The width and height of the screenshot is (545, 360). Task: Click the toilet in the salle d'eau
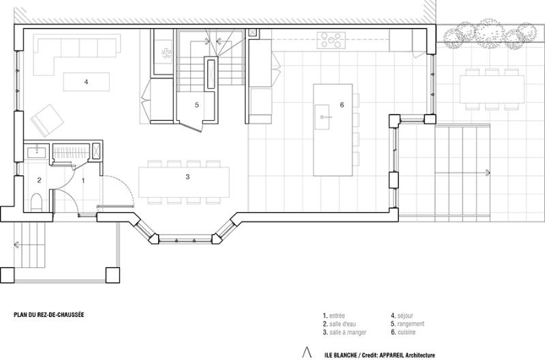(36, 202)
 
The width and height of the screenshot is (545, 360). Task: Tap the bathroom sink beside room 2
(36, 151)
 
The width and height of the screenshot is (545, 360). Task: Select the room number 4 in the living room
(87, 82)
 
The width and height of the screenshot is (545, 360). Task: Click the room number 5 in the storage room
(197, 105)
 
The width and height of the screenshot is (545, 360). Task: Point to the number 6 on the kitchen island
(342, 105)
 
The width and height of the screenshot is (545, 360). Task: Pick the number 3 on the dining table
(188, 177)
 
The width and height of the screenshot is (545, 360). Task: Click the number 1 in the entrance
(83, 181)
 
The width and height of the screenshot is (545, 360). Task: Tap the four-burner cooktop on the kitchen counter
(331, 40)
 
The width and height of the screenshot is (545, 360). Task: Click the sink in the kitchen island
(322, 117)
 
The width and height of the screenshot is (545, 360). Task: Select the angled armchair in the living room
(47, 121)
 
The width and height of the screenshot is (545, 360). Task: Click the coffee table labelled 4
(87, 82)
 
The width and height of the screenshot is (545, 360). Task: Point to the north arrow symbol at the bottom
(307, 352)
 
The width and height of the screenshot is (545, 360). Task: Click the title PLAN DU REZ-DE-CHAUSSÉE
(49, 315)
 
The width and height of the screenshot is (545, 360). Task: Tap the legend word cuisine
(407, 332)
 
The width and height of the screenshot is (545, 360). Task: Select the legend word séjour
(405, 316)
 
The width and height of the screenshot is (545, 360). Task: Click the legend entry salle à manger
(348, 332)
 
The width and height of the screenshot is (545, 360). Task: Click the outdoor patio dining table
(491, 89)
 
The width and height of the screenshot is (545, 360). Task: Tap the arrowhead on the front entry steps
(16, 245)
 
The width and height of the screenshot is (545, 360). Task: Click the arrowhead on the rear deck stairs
(488, 172)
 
